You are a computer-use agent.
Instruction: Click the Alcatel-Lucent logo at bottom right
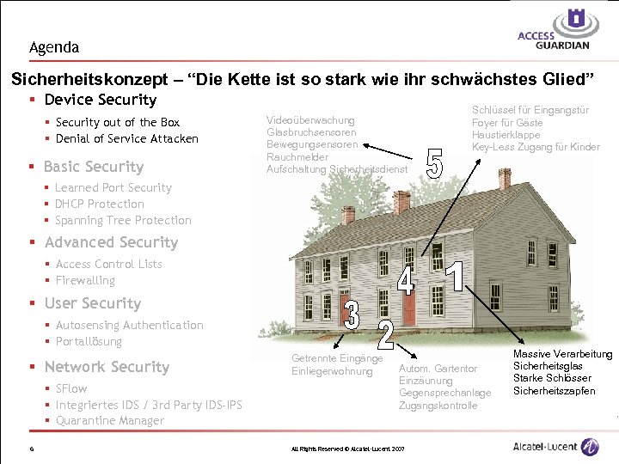[x=555, y=447]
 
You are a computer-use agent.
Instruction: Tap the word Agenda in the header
[x=53, y=47]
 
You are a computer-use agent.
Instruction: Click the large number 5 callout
[x=435, y=164]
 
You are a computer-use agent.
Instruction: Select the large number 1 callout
[x=456, y=275]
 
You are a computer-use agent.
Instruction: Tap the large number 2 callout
[x=385, y=334]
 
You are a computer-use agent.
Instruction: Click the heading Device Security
[x=101, y=100]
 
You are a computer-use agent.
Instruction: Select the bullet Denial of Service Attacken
[x=126, y=138]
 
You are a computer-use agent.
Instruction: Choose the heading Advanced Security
[x=111, y=242]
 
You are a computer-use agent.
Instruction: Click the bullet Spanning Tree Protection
[x=123, y=220]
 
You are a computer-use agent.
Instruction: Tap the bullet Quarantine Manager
[x=109, y=420]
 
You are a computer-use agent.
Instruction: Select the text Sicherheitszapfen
[x=554, y=391]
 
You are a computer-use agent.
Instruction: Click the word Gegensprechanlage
[x=444, y=393]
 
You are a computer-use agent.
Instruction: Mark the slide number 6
[x=30, y=448]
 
